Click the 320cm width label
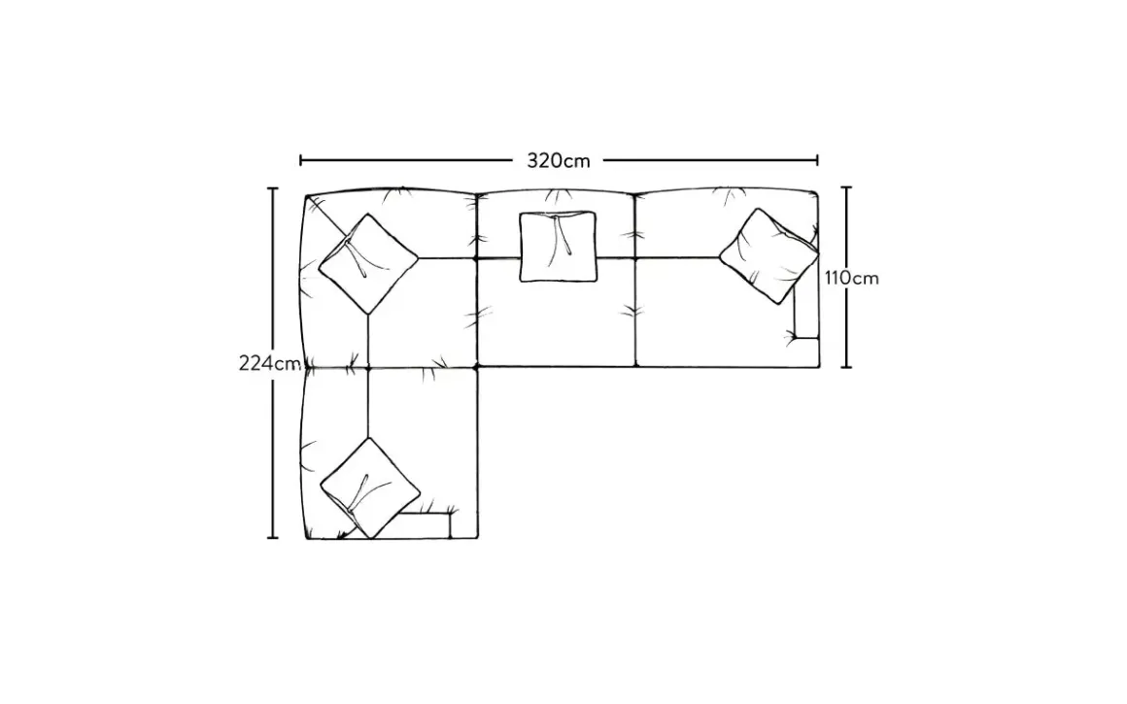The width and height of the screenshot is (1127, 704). (x=559, y=160)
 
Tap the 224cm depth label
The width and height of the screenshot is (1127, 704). (x=269, y=364)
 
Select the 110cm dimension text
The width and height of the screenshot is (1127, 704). (x=852, y=278)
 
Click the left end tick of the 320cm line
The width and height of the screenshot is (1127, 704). (x=301, y=160)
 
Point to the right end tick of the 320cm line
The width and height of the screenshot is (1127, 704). (x=817, y=160)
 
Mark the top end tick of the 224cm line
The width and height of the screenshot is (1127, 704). (x=273, y=188)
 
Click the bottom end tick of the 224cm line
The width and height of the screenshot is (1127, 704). (x=273, y=537)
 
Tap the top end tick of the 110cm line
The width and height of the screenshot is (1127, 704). (x=847, y=188)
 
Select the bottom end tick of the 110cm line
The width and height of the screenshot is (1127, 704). (x=847, y=367)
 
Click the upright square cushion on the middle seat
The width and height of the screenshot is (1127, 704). (x=559, y=247)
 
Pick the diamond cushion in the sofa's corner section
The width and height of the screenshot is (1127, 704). (x=368, y=263)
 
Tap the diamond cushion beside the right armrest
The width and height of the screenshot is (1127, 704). (x=768, y=254)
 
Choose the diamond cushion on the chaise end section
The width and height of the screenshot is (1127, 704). (x=369, y=486)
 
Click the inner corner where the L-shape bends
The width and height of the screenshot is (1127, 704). (x=480, y=367)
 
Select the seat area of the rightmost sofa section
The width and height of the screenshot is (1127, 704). (x=709, y=320)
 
